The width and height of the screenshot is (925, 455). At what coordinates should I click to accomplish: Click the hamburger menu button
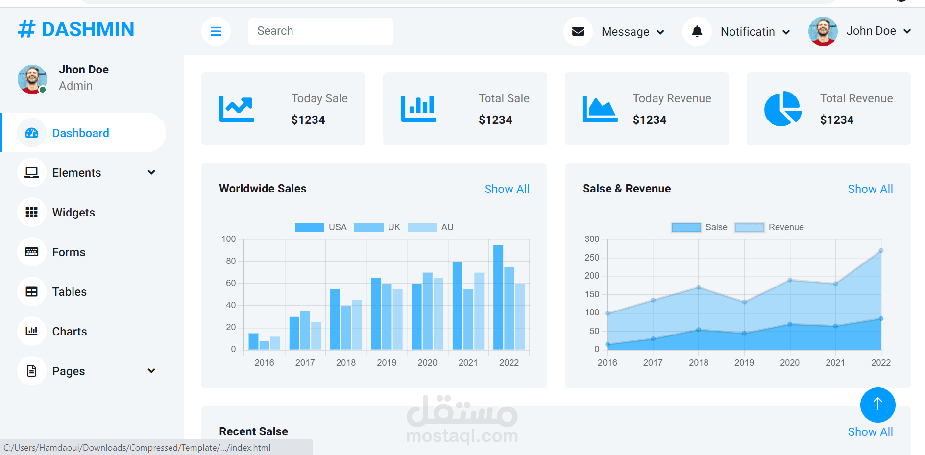[216, 31]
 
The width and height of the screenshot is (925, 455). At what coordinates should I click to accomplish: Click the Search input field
[320, 31]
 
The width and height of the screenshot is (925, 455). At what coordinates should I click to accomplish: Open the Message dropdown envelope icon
[578, 31]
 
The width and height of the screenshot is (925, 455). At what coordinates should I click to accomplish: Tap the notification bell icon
[697, 31]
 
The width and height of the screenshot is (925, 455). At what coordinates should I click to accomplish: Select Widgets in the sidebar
[73, 213]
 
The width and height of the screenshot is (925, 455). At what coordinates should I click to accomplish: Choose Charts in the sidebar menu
[69, 332]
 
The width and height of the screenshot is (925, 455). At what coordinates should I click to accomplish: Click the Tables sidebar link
[69, 292]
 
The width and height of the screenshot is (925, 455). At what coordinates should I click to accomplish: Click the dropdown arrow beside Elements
[151, 172]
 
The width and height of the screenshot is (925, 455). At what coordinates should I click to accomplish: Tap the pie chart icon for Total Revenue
[783, 109]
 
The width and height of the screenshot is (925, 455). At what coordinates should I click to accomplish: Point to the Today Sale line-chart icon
[237, 109]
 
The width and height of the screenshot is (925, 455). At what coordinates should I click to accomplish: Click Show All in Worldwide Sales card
[507, 189]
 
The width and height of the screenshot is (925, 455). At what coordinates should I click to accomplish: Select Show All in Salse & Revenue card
[870, 189]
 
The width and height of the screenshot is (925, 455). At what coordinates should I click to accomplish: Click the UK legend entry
[377, 227]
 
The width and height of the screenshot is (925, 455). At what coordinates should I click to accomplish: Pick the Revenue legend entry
[769, 227]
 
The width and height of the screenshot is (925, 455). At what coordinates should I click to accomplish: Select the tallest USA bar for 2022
[498, 297]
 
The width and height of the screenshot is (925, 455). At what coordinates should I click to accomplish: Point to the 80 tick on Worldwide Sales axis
[231, 261]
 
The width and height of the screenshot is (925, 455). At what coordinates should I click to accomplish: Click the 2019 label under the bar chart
[387, 363]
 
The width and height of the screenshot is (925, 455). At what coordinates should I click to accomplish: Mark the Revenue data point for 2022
[881, 251]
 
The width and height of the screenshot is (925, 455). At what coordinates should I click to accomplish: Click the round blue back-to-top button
[878, 405]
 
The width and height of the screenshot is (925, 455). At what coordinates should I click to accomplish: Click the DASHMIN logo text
[88, 29]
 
